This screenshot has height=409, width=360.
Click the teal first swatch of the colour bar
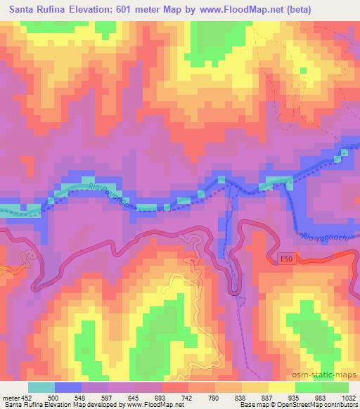41,387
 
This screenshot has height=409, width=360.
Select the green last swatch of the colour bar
335,387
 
